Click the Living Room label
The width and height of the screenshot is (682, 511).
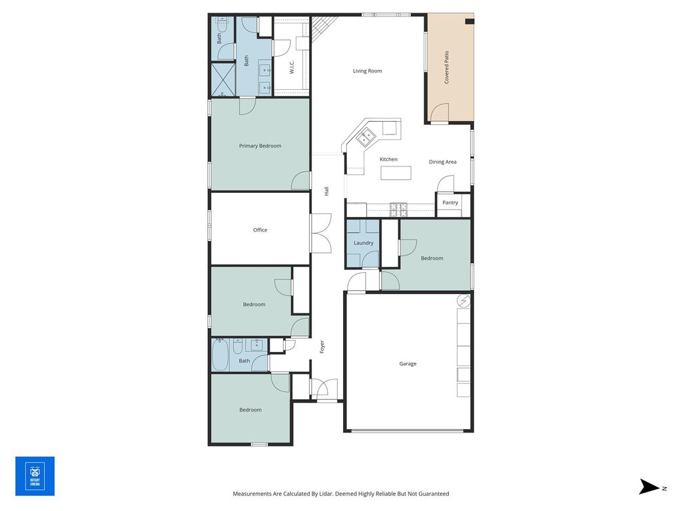click(x=367, y=71)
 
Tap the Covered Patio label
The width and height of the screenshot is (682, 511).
click(x=446, y=67)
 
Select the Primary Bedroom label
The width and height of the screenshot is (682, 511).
click(x=260, y=146)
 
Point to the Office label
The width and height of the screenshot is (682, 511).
click(x=260, y=230)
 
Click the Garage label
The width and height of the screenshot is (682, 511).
click(x=408, y=364)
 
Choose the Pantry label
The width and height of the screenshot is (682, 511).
click(x=450, y=202)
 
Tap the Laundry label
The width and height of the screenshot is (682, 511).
click(x=364, y=243)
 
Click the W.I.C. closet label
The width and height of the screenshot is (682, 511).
click(x=292, y=67)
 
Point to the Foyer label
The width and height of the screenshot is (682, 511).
click(x=322, y=347)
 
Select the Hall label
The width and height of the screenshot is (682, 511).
click(x=326, y=191)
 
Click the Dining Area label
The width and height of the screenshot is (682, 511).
click(x=443, y=162)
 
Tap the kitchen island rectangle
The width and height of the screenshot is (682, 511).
click(x=396, y=173)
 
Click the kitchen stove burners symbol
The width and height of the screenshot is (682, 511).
click(x=399, y=210)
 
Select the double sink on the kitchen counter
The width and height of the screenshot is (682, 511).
click(x=366, y=137)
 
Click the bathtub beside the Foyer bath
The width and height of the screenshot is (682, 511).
click(x=220, y=355)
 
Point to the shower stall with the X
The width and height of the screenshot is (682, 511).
click(x=223, y=81)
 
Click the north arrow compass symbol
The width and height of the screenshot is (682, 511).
click(x=649, y=486)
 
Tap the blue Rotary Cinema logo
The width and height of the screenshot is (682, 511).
click(x=35, y=476)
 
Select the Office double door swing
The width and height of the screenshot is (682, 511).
click(x=321, y=233)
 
